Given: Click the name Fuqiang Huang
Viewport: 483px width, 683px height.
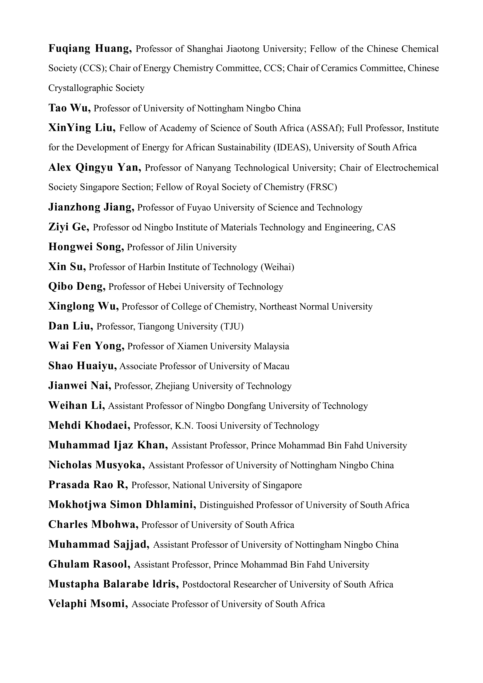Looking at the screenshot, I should click(x=90, y=48).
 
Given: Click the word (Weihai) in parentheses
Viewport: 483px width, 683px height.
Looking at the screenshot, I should click(x=277, y=267).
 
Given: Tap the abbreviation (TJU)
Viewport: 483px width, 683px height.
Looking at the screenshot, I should click(x=232, y=327).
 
